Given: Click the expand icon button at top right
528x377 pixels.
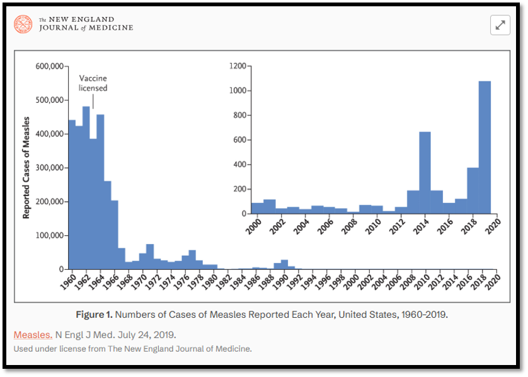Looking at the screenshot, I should [x=500, y=25].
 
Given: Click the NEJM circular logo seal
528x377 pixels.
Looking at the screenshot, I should [x=24, y=25].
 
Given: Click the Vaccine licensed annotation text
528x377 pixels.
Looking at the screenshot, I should [x=93, y=83].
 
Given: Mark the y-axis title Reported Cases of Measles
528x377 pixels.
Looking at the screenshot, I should [x=26, y=168].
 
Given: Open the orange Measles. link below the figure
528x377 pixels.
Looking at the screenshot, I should [x=33, y=334].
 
